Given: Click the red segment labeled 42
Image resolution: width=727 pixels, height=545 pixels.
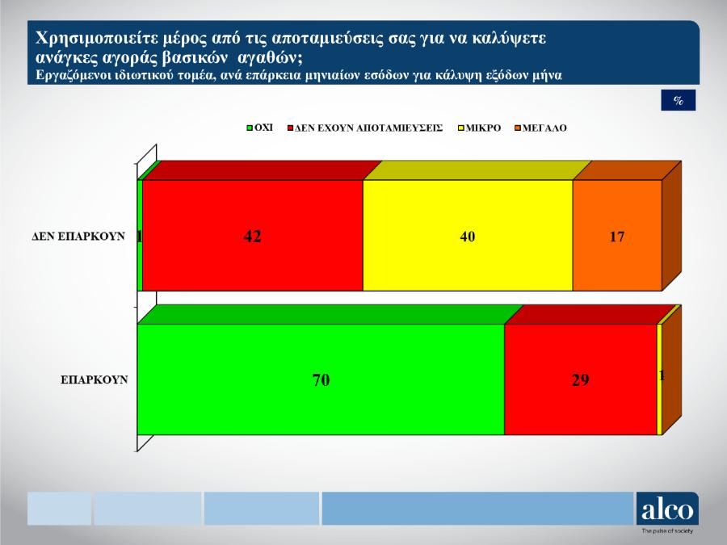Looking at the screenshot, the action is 253,236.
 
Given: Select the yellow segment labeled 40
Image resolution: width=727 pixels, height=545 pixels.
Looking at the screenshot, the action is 468,236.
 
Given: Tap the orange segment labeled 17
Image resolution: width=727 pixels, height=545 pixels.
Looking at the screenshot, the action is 617,236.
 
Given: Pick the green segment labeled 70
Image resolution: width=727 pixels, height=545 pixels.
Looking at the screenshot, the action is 321,379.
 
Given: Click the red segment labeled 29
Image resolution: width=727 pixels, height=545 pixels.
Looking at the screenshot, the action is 581,379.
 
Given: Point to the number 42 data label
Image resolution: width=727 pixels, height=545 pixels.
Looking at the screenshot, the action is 253,237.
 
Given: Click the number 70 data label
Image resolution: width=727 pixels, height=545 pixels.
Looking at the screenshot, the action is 321,380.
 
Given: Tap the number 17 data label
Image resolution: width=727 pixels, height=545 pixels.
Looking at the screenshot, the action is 617,237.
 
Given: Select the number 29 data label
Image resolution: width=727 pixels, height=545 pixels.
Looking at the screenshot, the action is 581,380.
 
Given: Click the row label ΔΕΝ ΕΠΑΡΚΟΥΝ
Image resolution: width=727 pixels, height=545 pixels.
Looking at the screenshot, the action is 78,237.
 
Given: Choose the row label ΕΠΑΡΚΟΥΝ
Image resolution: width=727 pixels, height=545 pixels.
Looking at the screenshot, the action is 95,380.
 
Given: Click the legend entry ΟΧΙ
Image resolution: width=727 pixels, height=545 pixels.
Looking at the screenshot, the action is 259,128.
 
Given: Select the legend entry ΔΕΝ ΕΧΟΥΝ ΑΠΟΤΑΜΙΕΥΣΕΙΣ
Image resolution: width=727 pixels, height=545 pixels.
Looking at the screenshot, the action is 365,128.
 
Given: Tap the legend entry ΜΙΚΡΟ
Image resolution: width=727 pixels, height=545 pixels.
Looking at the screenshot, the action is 480,128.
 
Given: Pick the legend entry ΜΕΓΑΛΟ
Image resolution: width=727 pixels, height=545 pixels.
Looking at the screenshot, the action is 541,128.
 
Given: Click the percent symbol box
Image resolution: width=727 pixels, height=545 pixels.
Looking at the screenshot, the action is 679,100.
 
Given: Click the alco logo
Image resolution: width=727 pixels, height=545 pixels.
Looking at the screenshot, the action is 667,509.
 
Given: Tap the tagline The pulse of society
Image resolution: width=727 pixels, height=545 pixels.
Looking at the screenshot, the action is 667,530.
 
